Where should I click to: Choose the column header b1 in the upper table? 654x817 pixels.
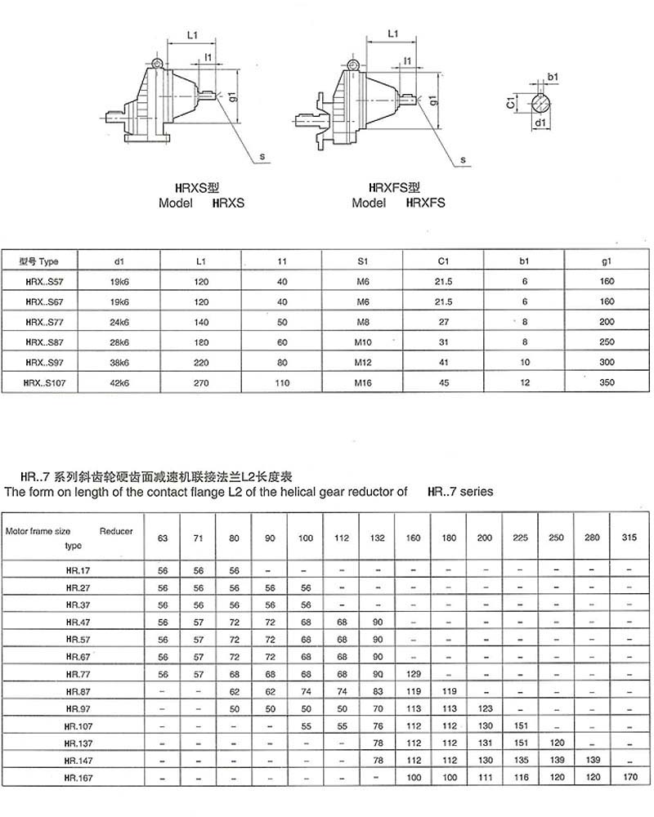point(525,262)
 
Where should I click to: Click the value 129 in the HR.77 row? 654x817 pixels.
point(414,674)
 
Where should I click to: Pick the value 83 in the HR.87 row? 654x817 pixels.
point(378,691)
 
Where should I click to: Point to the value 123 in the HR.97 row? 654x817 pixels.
point(486,708)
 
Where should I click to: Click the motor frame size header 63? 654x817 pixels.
point(163,538)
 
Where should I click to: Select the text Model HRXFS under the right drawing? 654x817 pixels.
point(398,203)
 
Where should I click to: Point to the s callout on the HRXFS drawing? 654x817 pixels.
point(463,159)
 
